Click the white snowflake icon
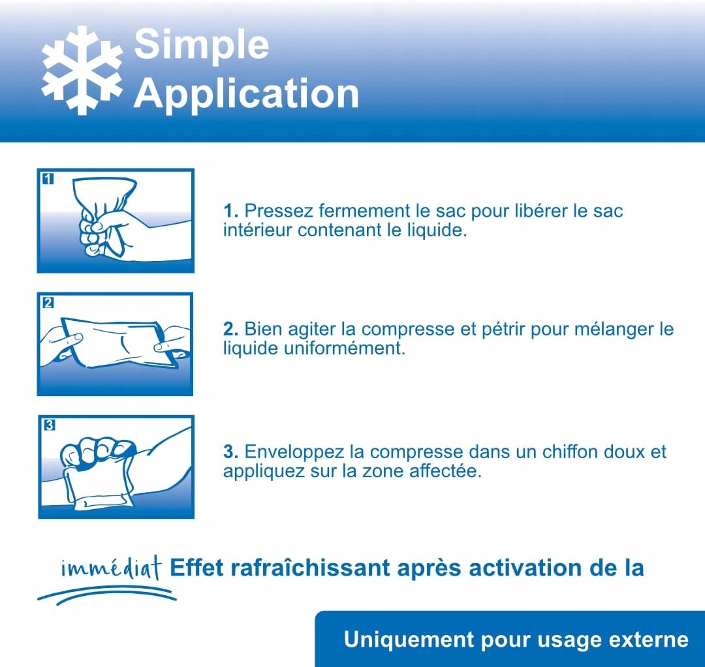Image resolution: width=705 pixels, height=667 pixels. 82,70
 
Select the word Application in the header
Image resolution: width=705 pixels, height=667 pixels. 246,93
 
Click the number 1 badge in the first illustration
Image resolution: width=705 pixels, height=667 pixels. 48,179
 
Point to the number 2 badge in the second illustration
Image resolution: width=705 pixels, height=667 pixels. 48,302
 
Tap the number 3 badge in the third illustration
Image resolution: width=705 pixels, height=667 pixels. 49,425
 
